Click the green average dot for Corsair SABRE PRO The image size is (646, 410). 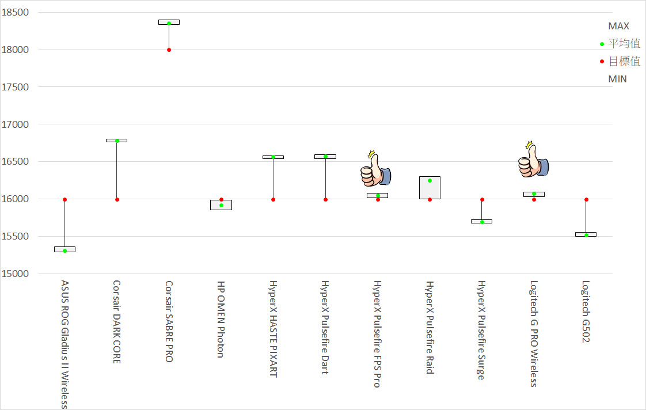tap(169, 23)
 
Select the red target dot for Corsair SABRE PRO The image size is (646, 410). tap(169, 50)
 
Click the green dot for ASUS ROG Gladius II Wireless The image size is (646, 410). tap(64, 250)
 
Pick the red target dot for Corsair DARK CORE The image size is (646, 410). tap(117, 199)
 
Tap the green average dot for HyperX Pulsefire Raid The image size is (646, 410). tap(430, 180)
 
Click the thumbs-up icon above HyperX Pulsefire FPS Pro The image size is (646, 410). tap(375, 170)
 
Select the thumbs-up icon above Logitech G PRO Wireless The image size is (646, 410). tap(533, 161)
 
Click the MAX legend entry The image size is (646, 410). tap(618, 26)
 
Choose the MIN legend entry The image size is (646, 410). tap(617, 79)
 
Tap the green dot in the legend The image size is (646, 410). tap(602, 44)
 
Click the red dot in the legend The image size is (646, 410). tap(602, 62)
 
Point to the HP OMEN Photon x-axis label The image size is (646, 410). tap(221, 319)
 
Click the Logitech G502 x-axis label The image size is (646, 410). tap(586, 312)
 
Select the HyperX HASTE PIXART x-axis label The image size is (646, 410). tap(273, 329)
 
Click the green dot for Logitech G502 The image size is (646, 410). tap(586, 235)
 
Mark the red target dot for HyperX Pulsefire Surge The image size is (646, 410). tap(482, 199)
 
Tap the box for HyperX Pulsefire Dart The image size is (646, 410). tap(325, 157)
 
